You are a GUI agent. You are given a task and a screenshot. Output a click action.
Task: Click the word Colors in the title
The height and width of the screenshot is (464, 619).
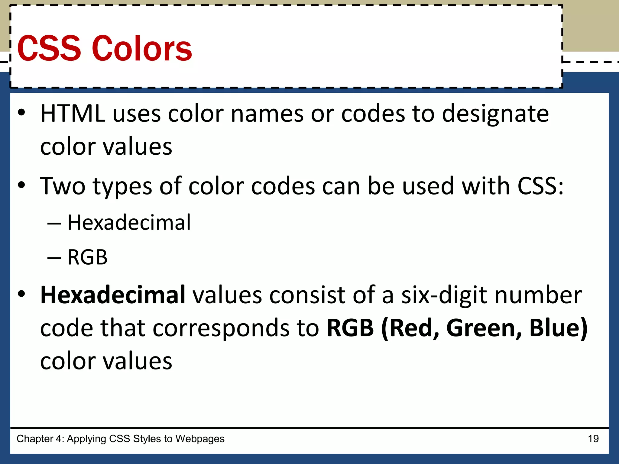click(142, 49)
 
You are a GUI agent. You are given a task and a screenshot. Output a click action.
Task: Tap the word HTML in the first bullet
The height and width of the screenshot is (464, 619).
click(73, 114)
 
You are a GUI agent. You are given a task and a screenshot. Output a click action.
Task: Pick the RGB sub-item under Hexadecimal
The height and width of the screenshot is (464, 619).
click(87, 257)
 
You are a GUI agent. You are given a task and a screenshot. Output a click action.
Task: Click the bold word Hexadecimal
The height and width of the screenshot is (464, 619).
click(113, 295)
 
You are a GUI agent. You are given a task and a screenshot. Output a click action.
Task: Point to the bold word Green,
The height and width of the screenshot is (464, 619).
click(484, 329)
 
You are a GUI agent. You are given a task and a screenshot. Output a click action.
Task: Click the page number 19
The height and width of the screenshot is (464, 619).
click(593, 439)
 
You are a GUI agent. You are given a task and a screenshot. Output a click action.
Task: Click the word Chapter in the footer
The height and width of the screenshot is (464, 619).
click(35, 439)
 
